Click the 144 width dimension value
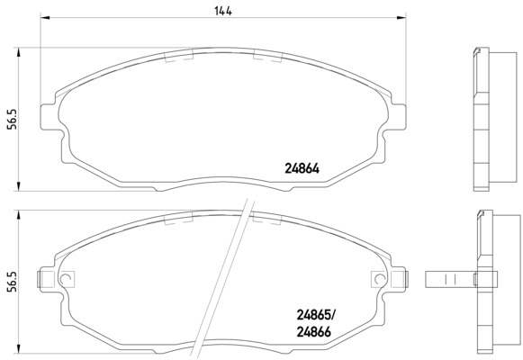point(223,11)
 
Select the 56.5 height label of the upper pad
point(12,120)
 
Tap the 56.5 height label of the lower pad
point(12,282)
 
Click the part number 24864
point(302,168)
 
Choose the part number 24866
point(313,332)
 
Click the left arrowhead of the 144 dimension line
point(45,17)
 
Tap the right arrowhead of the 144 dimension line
point(401,17)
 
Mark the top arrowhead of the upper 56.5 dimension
point(19,52)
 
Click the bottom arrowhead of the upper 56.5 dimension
point(19,186)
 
